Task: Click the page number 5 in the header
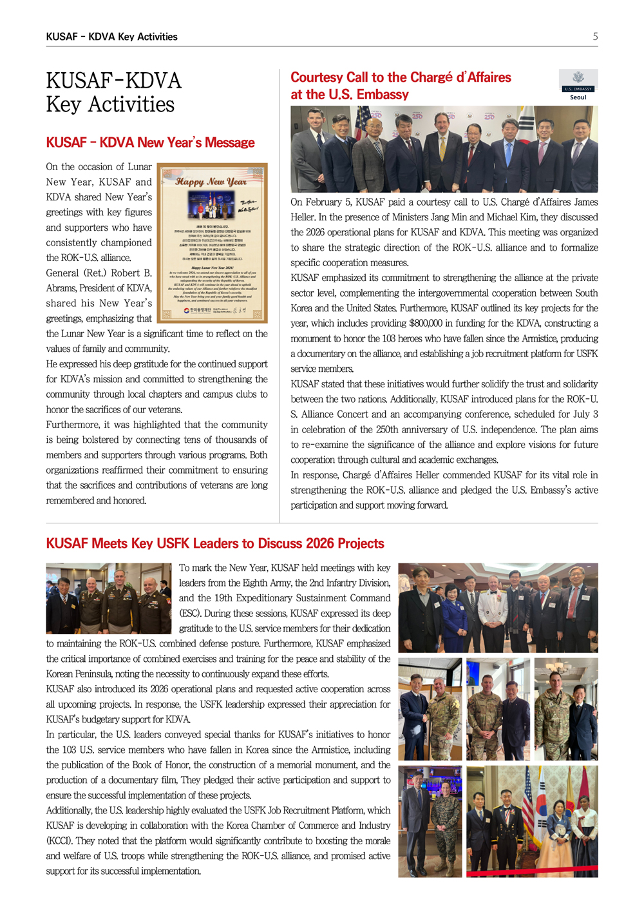coord(595,37)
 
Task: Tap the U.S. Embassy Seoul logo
coord(578,84)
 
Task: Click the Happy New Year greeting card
coord(212,243)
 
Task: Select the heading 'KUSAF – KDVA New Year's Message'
coord(150,142)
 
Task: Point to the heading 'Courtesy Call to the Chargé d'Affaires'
coord(401,77)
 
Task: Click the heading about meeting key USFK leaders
coord(215,543)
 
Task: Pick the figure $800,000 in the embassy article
coord(426,324)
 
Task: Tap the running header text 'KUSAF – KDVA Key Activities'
coord(111,37)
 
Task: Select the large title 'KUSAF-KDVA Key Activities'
coord(113,92)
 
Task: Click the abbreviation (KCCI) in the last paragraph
coord(60,841)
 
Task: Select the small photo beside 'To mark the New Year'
coord(108,599)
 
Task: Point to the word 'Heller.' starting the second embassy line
coord(305,218)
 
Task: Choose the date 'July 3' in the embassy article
coord(585,414)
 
